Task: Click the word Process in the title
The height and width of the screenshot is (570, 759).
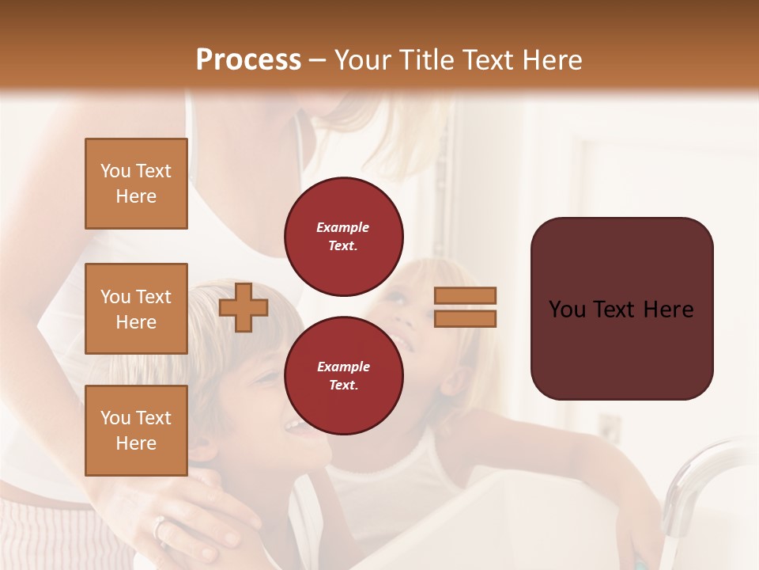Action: [248, 59]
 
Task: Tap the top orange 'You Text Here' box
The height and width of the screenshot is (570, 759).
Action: [136, 184]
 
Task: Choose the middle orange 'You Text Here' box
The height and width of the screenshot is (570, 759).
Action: [136, 309]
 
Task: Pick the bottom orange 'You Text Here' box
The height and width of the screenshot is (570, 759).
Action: [136, 430]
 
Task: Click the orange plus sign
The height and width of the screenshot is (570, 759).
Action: [244, 307]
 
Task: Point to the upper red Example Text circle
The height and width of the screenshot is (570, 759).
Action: [343, 236]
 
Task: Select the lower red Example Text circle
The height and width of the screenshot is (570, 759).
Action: [343, 375]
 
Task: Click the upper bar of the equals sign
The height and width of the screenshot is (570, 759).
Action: [465, 295]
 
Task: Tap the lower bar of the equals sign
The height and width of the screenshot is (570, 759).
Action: [465, 318]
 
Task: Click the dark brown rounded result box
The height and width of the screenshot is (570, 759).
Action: [621, 308]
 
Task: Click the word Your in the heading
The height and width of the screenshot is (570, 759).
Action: [361, 59]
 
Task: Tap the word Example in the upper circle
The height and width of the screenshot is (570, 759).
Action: [343, 227]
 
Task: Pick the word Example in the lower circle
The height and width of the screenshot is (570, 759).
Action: [343, 367]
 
